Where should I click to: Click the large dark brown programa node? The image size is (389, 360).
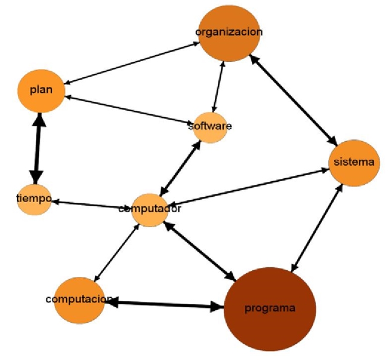pos(270,309)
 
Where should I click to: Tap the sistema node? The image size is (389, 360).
pos(355,163)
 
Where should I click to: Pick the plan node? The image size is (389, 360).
pos(40,91)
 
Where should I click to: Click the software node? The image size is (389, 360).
pos(209,127)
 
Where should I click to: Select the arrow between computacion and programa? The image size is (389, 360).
pos(165,304)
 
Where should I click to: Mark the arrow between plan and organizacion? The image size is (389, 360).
pos(132,63)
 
